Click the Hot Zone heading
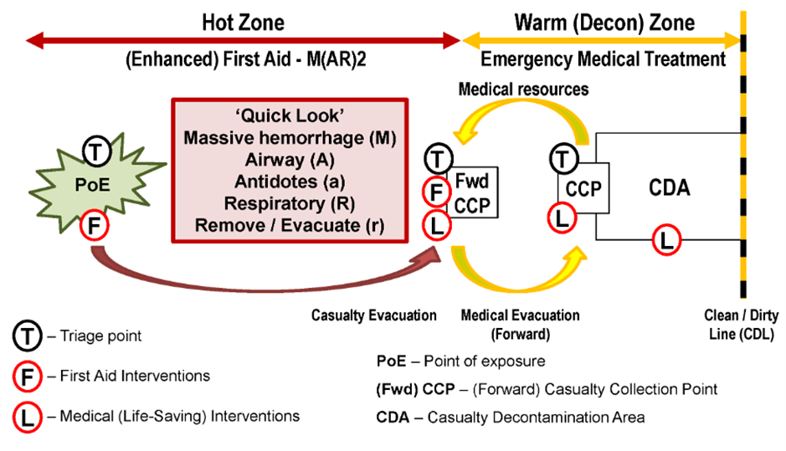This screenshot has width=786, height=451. click(x=243, y=23)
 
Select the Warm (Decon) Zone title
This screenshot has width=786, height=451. click(x=604, y=23)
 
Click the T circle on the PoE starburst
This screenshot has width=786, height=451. click(x=97, y=151)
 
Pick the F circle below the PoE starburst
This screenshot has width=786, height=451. click(x=95, y=226)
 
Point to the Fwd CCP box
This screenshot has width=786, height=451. click(x=473, y=192)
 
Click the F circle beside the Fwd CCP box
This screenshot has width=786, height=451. click(x=437, y=192)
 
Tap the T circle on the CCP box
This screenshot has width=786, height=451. click(x=563, y=159)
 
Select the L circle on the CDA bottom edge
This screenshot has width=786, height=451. click(x=666, y=240)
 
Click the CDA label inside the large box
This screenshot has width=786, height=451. click(x=669, y=188)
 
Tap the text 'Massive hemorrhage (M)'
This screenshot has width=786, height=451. click(x=290, y=138)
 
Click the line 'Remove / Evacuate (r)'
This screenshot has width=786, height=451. click(x=290, y=226)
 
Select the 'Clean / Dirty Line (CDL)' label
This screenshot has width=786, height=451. click(x=741, y=325)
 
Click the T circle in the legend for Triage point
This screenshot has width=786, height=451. click(x=27, y=336)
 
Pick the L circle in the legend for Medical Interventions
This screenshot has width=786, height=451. click(x=27, y=417)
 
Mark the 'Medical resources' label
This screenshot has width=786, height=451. click(x=523, y=90)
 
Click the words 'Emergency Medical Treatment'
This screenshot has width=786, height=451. click(x=603, y=59)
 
